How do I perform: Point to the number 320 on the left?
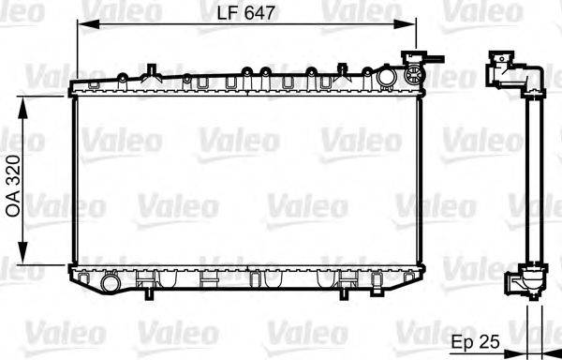pyautogui.click(x=13, y=172)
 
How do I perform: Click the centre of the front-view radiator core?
pyautogui.click(x=247, y=178)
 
